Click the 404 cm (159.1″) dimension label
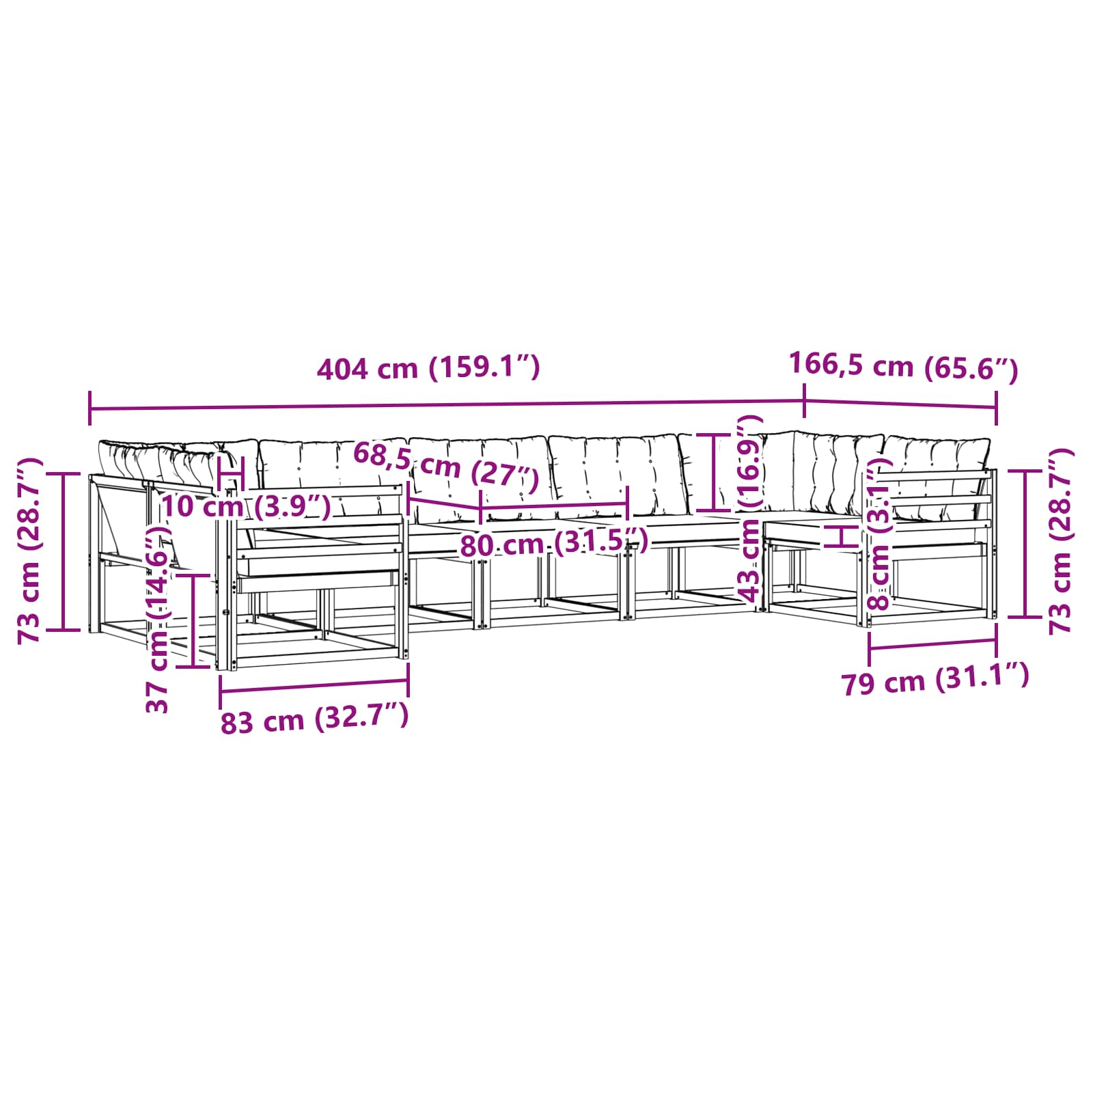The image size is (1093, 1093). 428,368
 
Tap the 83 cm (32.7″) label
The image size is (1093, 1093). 314,719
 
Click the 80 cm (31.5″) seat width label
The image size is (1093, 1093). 553,544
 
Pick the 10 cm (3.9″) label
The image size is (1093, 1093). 246,506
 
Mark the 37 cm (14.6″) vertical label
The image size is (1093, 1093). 158,619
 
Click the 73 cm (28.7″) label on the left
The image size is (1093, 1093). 31,551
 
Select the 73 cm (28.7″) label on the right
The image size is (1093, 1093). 1061,541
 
